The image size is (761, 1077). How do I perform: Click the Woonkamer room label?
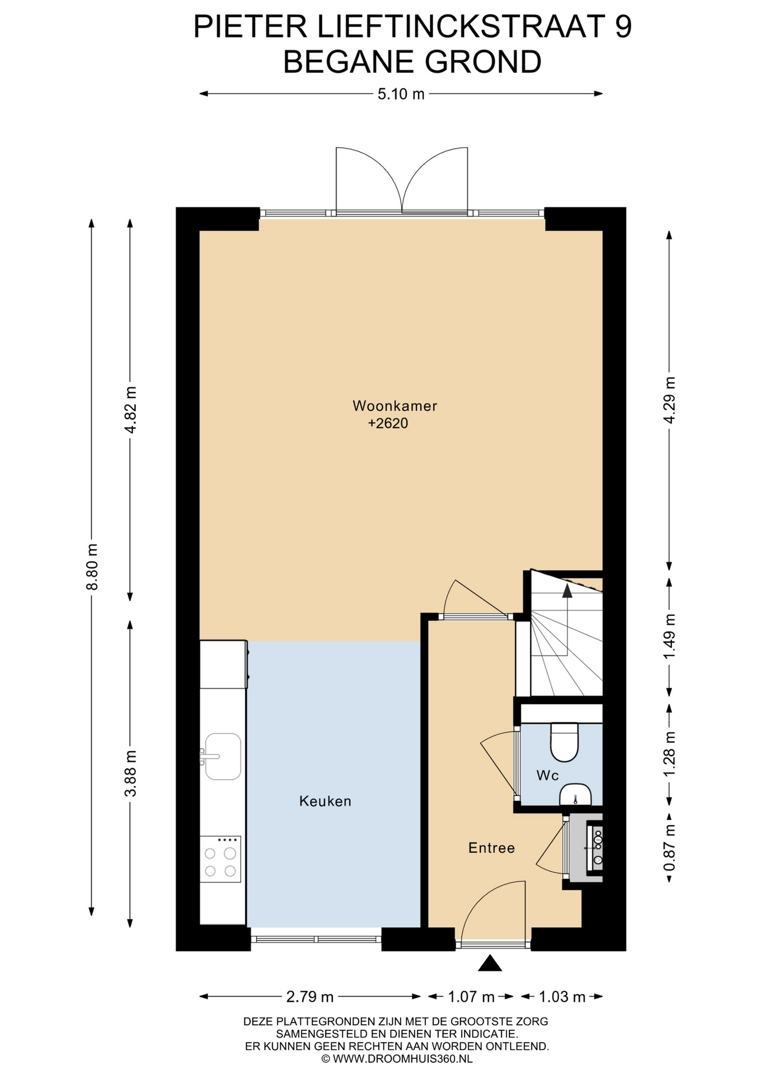pos(395,406)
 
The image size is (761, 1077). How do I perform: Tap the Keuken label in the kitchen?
pos(325,801)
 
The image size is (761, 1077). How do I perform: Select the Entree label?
pos(491,848)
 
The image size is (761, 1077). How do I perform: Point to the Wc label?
pos(547,775)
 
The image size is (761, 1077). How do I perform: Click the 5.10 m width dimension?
pos(401,94)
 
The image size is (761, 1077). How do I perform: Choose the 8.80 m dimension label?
pos(92,567)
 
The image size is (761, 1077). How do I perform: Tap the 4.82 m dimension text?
pos(130,409)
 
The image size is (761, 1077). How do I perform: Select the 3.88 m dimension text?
pos(130,773)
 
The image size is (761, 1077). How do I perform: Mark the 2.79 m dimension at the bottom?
pos(310,996)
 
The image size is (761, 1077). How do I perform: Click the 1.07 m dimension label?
pos(471,996)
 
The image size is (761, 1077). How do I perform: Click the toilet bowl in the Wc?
pos(564,742)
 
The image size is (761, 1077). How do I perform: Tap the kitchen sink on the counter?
pos(222,756)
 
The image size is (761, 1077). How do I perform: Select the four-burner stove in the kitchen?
pos(220,859)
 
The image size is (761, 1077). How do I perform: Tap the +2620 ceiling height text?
pos(388,424)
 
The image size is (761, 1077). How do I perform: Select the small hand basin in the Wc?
pos(576,794)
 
